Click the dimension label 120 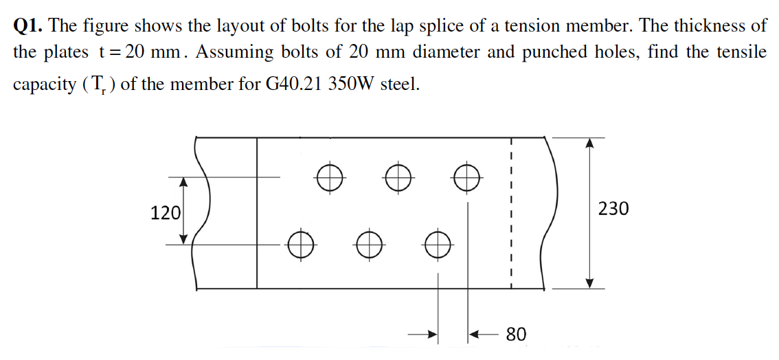[166, 213]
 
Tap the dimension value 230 [613, 209]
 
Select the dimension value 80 [516, 335]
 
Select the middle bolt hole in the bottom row [369, 244]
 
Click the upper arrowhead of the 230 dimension [589, 144]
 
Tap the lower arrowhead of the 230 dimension [589, 282]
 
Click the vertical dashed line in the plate [511, 213]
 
